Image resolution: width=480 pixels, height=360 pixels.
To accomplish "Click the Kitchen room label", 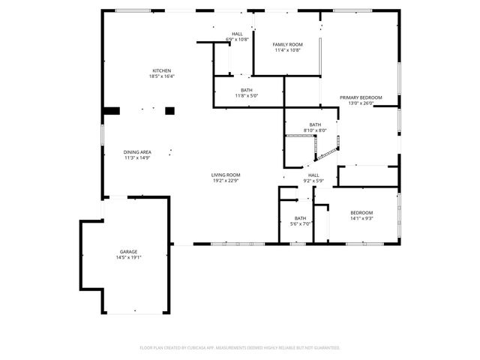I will coord(162,70).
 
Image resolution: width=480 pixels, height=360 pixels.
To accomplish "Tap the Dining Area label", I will coord(138,152).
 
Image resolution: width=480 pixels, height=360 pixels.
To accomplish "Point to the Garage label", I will coord(129,251).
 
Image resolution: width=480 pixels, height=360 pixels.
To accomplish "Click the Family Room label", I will coord(286,44).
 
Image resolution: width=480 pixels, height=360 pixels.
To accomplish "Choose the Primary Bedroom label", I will coord(361,97).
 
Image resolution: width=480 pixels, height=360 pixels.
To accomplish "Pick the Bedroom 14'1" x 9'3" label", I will coord(361,213).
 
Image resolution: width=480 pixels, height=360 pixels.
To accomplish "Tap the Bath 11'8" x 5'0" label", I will coord(247,90).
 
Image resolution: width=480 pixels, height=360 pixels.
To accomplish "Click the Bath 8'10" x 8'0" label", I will coord(315,124).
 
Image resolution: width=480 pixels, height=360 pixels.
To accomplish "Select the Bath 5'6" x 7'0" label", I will coord(300,218).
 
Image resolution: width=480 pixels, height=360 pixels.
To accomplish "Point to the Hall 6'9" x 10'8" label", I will coord(237,34).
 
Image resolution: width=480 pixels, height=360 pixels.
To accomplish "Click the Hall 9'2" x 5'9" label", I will coord(313,175).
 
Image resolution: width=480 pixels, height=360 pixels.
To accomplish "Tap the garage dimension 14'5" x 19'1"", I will coord(129,257).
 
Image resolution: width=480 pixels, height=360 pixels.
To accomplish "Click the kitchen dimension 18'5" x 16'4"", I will coord(162,76).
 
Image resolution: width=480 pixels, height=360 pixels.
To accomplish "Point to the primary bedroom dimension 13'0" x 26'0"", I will coord(361,103).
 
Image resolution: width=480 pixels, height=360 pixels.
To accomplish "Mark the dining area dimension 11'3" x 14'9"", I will coord(138,157).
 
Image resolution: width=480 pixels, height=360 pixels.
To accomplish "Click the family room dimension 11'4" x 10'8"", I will coord(286,49).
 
